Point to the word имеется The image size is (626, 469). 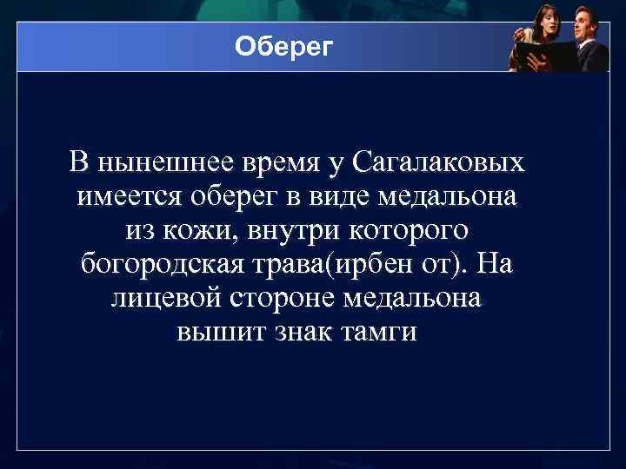click(126, 196)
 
